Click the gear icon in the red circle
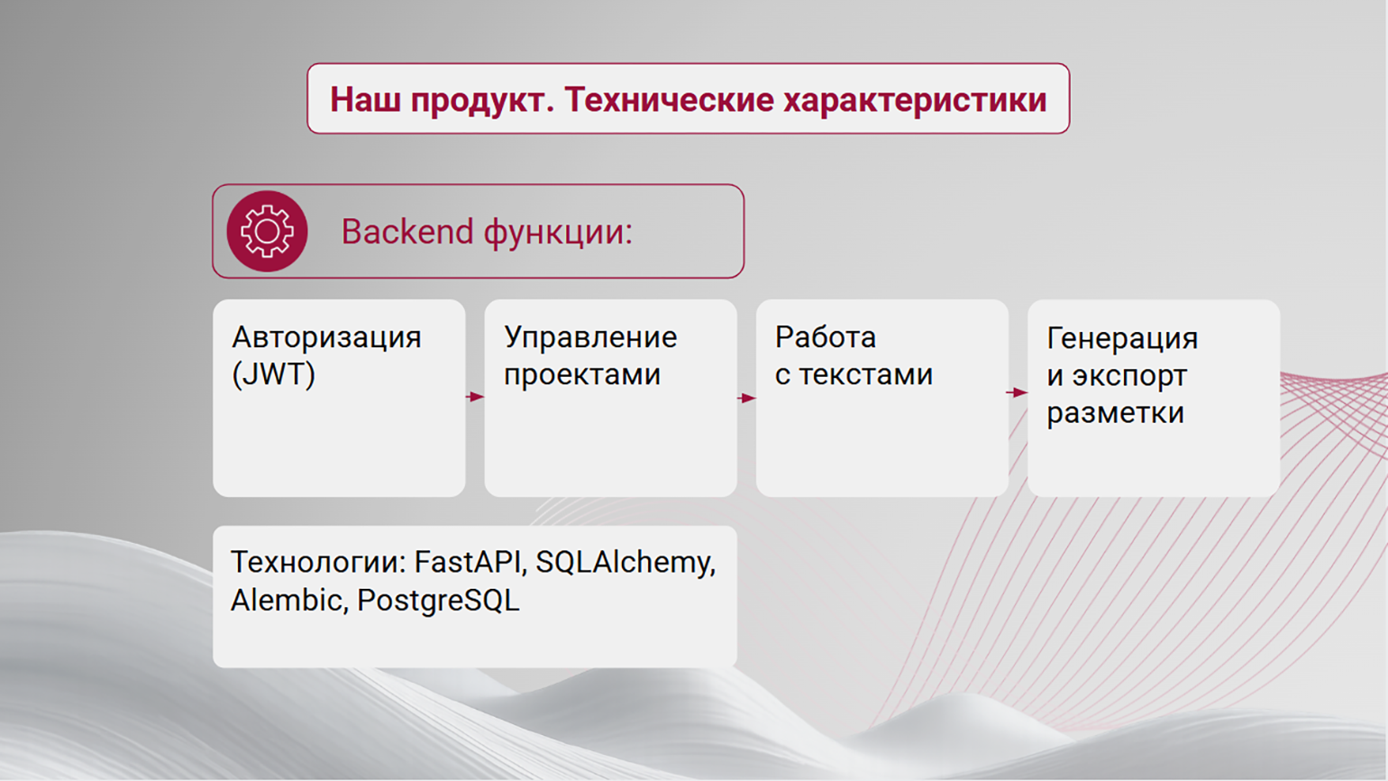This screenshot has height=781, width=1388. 267,231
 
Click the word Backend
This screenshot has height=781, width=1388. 407,232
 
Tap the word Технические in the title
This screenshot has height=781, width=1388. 669,99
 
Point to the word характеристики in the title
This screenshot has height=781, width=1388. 915,100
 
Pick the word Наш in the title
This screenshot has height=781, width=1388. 366,99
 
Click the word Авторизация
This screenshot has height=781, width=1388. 326,338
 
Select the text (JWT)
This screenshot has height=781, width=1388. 273,374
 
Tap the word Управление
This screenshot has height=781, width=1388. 590,338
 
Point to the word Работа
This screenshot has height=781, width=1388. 826,337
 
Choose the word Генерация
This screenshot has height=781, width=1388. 1122,339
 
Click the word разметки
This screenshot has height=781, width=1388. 1116,413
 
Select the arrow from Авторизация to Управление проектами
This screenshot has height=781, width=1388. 475,397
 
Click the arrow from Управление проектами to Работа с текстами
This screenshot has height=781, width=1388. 746,398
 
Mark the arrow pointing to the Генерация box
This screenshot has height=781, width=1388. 1017,392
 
